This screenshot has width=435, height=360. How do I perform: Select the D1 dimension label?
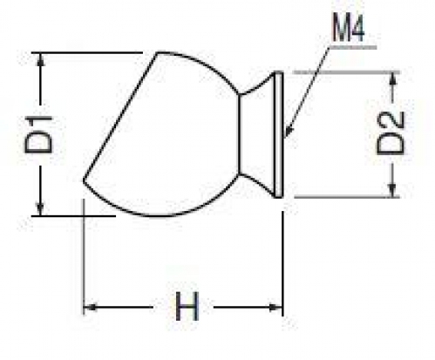38,134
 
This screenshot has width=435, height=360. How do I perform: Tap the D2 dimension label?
391,133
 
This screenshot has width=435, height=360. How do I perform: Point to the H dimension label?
187,306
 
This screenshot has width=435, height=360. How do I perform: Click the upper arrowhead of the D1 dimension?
40,59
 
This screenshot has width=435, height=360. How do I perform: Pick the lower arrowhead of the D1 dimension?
40,209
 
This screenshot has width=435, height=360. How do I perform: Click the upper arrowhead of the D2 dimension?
392,78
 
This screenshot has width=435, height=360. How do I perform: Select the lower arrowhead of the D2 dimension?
392,191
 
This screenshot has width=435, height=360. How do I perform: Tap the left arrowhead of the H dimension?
90,307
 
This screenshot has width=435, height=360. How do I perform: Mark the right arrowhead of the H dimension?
275,307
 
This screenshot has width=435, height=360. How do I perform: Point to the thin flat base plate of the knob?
278,134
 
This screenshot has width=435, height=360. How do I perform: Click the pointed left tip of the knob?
84,180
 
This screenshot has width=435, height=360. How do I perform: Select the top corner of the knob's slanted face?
157,53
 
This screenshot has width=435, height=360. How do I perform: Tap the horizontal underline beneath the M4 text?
352,46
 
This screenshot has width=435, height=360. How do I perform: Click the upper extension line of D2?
347,71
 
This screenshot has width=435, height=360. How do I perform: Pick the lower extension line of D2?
347,197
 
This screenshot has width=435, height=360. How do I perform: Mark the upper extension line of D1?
87,52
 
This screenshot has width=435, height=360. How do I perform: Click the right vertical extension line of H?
282,263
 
